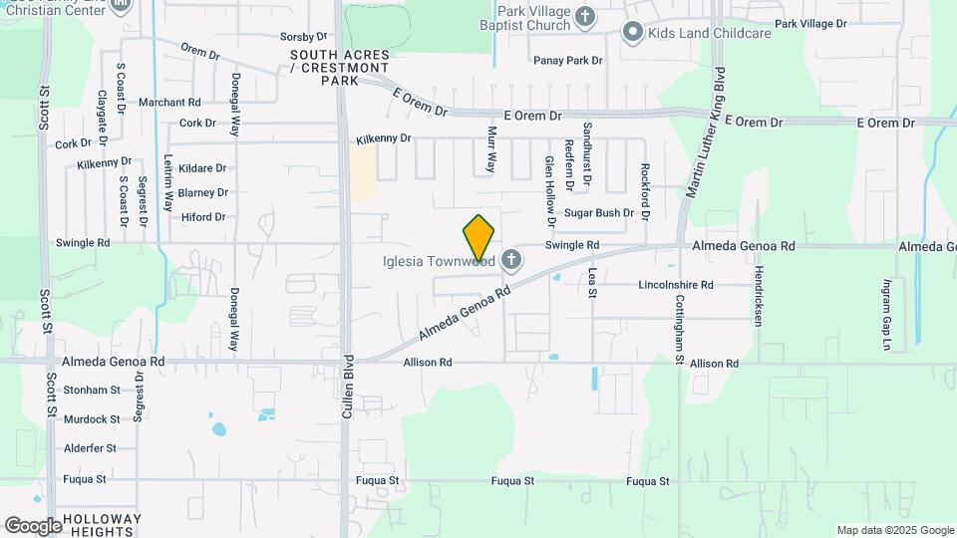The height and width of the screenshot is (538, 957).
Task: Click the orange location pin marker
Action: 479,238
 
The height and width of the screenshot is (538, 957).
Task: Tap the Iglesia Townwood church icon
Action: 511,261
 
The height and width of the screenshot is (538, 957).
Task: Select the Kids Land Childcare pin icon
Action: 631,33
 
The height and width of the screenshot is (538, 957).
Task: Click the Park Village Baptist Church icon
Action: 585,16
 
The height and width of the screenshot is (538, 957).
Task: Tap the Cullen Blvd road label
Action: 348,386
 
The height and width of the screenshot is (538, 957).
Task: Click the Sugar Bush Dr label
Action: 599,213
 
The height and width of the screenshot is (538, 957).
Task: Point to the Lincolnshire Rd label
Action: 676,285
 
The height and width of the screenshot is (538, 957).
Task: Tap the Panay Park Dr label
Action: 568,61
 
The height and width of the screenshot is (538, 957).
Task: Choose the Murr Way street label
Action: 491,148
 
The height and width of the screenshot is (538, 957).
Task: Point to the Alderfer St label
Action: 91,449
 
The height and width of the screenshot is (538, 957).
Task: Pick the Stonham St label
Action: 91,391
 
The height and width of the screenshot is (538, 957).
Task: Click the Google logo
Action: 33,525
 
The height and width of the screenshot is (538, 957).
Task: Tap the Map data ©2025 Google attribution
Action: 894,530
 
